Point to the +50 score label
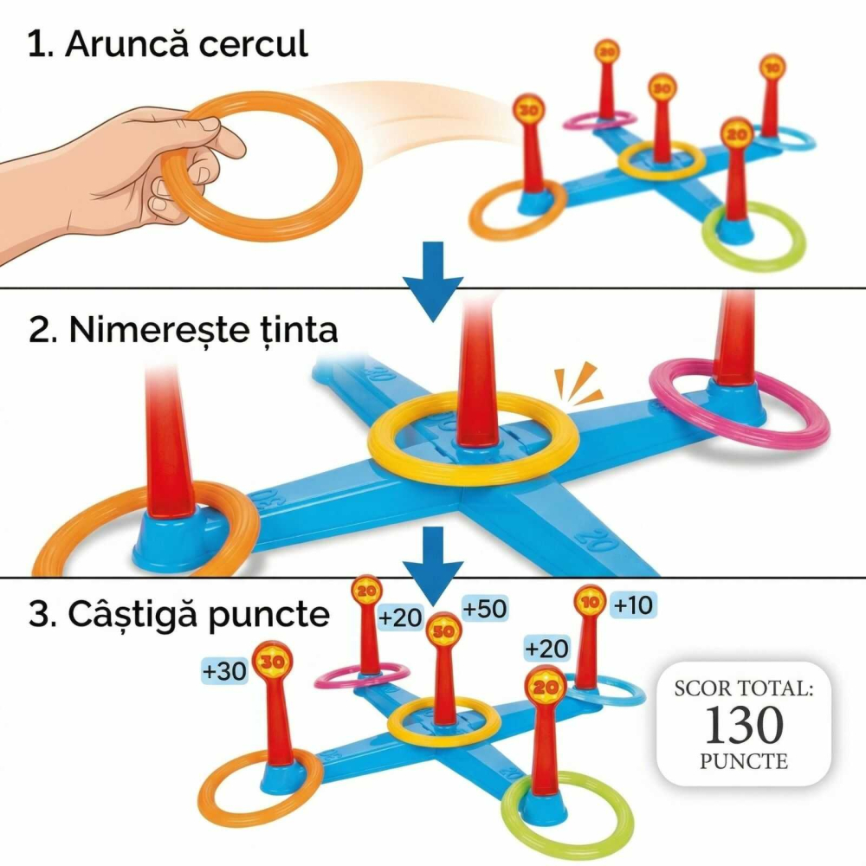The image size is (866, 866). [484, 609]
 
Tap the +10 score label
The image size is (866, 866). [631, 606]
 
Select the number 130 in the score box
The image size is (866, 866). [744, 725]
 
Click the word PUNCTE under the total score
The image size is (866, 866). [744, 762]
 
